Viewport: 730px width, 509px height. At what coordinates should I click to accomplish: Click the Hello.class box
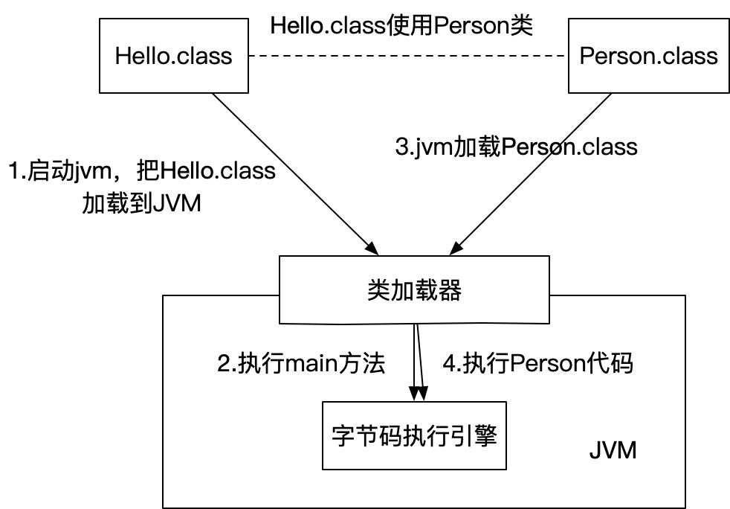tap(173, 57)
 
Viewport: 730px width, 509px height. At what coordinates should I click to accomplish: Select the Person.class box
tap(648, 57)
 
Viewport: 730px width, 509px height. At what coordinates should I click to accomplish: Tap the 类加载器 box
tap(414, 289)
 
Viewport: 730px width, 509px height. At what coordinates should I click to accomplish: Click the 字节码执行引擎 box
tap(414, 435)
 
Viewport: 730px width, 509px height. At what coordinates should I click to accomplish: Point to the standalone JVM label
tap(612, 451)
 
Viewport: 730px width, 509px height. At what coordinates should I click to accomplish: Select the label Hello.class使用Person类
tap(402, 24)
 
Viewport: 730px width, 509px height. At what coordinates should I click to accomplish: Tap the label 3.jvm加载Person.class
tap(515, 146)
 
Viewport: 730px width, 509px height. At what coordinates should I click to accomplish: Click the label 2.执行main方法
tap(301, 364)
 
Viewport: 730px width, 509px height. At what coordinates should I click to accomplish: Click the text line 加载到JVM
tap(141, 202)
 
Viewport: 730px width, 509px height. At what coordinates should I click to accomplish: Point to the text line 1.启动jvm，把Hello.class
tap(141, 171)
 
